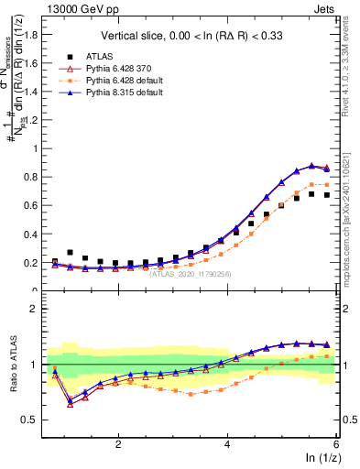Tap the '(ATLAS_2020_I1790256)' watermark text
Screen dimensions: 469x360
coord(191,273)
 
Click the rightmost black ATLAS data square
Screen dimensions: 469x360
coord(326,195)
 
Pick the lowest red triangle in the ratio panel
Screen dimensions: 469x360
coord(71,403)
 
